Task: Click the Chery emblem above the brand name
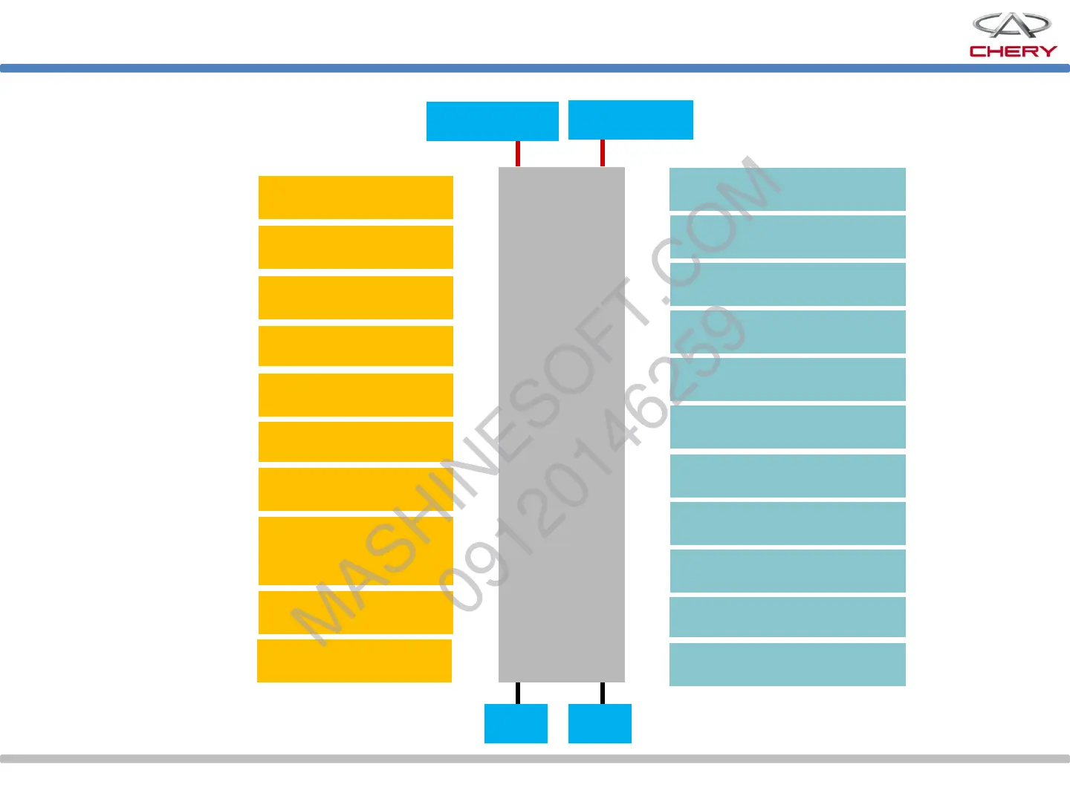click(x=1011, y=26)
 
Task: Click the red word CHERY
click(x=1013, y=51)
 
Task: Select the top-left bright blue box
click(x=492, y=121)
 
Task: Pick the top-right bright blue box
click(x=630, y=120)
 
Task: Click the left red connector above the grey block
click(x=518, y=154)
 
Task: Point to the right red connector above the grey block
click(x=602, y=153)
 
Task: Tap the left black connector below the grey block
click(x=518, y=693)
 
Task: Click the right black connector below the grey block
click(x=602, y=693)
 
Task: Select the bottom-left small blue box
click(x=516, y=723)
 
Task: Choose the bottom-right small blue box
click(x=600, y=723)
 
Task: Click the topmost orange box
click(x=355, y=198)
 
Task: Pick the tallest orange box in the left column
click(x=355, y=551)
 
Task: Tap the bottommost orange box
click(x=354, y=660)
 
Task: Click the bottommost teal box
click(x=787, y=665)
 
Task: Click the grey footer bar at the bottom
click(x=535, y=759)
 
